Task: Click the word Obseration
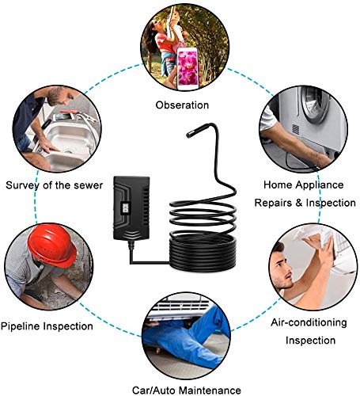(182, 105)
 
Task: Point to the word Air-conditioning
(309, 322)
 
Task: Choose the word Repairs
(274, 203)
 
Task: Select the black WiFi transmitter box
(131, 208)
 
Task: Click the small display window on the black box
(125, 208)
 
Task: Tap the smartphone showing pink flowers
(188, 69)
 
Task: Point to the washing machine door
(315, 105)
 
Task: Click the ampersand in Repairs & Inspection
(299, 203)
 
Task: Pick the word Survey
(23, 185)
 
